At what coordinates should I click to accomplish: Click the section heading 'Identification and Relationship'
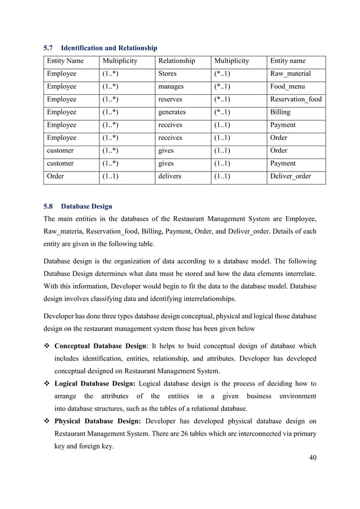(109, 48)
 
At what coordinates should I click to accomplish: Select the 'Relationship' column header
(177, 61)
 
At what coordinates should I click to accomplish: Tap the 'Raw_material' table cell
(291, 73)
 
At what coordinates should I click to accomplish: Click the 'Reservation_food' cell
(296, 99)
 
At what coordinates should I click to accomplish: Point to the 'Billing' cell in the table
(281, 112)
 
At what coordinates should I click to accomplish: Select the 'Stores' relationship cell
(168, 73)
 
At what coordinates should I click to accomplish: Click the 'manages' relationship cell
(172, 86)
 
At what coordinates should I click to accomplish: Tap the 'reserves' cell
(170, 99)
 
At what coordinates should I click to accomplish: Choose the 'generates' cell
(173, 112)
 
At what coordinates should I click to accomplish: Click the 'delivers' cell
(170, 176)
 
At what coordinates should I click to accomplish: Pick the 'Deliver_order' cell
(291, 176)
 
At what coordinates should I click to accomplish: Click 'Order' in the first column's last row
(56, 176)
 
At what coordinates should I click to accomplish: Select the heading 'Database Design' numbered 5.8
(87, 207)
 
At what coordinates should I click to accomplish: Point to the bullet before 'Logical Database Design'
(47, 383)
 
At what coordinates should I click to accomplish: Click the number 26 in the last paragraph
(213, 433)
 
